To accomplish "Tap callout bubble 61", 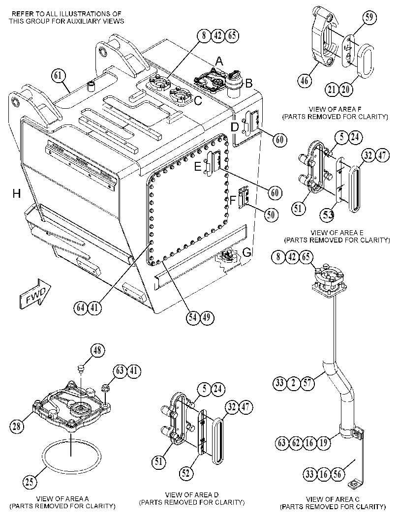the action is pos(59,76).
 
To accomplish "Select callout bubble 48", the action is pos(97,351).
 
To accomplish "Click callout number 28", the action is pos(17,426).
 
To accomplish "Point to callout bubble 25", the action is pos(30,481).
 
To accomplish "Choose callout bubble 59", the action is pos(369,18).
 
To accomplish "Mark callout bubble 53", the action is pos(328,214).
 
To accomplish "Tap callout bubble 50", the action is pos(271,214).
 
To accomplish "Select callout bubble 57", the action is pos(307,383).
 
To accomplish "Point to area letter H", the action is pos(17,193).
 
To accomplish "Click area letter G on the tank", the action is pos(247,253).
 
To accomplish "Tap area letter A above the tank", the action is pos(219,61).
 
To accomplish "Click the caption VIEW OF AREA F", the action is pos(335,109).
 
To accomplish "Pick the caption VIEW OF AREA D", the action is pos(192,495).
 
